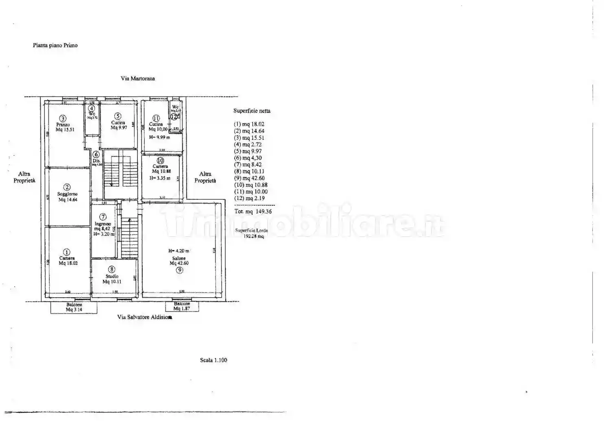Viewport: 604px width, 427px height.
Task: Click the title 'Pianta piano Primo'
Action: coord(55,46)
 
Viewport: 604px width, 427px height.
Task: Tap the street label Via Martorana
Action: coord(137,78)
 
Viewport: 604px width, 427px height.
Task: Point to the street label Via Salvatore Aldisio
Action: coord(144,317)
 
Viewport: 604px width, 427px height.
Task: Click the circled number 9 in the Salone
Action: coord(179,270)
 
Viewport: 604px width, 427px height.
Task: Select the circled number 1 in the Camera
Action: coord(67,252)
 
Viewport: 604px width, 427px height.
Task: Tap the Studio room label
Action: coord(112,277)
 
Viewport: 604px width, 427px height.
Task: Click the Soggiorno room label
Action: coord(68,194)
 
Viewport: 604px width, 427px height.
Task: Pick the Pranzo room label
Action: coord(63,125)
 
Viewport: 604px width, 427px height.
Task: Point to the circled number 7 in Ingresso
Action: coord(103,217)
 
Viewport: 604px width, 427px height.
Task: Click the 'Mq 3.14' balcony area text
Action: coord(74,309)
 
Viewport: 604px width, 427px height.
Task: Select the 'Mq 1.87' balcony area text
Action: coord(182,309)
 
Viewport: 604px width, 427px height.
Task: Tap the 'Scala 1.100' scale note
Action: coord(214,360)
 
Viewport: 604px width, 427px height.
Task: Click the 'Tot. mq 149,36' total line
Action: coord(253,211)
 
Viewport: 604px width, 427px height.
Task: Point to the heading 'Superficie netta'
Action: coord(252,111)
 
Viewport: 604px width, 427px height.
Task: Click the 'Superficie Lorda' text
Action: coord(251,231)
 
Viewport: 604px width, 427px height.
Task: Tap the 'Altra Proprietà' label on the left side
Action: coord(24,177)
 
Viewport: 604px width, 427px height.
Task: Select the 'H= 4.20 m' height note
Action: coord(179,251)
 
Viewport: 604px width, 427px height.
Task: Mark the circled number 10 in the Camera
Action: coord(160,161)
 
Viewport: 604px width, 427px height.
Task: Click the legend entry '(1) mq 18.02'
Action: coord(249,124)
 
